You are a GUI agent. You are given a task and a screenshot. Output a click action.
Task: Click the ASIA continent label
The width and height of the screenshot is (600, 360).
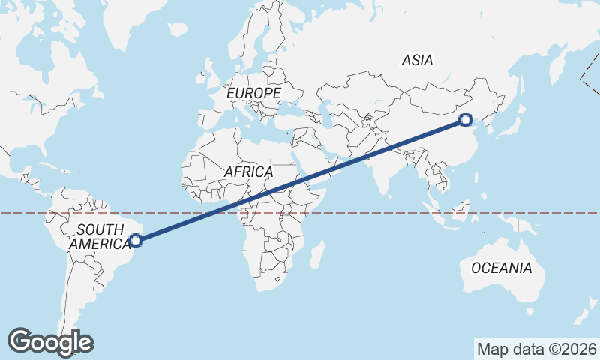[418, 60]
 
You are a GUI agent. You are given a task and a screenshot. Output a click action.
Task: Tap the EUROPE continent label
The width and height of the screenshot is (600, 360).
[253, 93]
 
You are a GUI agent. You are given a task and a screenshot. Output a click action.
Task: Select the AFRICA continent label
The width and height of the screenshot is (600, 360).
[248, 172]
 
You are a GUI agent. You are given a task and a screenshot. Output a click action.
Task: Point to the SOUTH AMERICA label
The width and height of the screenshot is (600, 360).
[100, 236]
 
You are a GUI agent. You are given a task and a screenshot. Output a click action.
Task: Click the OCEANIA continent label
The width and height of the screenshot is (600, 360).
[501, 268]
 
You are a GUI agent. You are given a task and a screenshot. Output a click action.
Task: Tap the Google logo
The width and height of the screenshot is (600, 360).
[50, 342]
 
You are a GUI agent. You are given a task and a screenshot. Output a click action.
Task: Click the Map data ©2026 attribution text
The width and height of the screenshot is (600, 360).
[536, 349]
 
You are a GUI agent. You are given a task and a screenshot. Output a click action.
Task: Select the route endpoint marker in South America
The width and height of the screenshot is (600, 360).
[136, 241]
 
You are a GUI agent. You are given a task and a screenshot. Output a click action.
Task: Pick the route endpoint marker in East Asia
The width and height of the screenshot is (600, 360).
[466, 119]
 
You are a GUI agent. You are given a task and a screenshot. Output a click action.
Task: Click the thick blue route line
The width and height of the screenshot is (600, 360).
[300, 180]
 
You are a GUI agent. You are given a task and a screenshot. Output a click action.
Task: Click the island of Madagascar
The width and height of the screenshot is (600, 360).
[317, 253]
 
